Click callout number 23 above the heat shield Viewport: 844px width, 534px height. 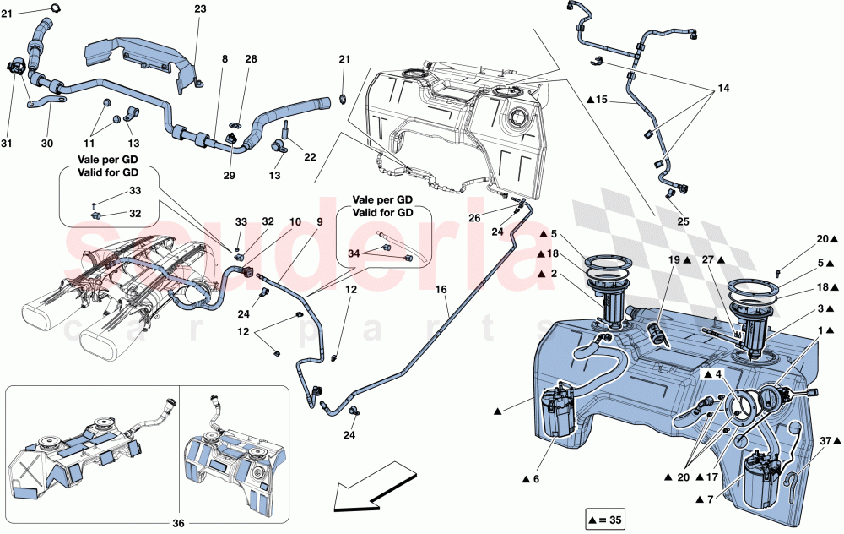[x=199, y=9]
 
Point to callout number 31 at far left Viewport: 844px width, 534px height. [x=8, y=144]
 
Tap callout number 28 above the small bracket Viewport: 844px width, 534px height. [x=251, y=59]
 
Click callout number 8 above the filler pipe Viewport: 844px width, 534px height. [x=225, y=59]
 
